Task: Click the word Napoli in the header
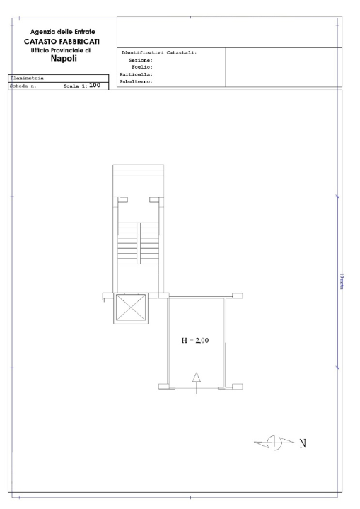pyautogui.click(x=64, y=59)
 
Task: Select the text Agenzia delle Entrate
pyautogui.click(x=64, y=32)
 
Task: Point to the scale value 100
pyautogui.click(x=95, y=86)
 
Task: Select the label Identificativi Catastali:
pyautogui.click(x=159, y=53)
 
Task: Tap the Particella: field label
pyautogui.click(x=137, y=74)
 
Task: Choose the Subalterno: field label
pyautogui.click(x=137, y=81)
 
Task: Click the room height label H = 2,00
pyautogui.click(x=195, y=341)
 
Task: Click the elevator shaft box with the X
pyautogui.click(x=131, y=308)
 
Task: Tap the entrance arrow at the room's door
pyautogui.click(x=197, y=382)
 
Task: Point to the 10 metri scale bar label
pyautogui.click(x=341, y=283)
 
